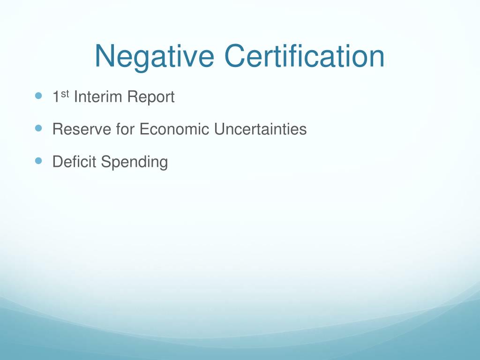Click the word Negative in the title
pyautogui.click(x=154, y=56)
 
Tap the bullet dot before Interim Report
pyautogui.click(x=38, y=95)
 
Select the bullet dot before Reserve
pyautogui.click(x=38, y=127)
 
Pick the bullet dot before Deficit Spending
pyautogui.click(x=38, y=160)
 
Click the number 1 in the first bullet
pyautogui.click(x=56, y=97)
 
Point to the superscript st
pyautogui.click(x=66, y=94)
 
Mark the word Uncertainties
pyautogui.click(x=261, y=129)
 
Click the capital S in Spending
pyautogui.click(x=105, y=162)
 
